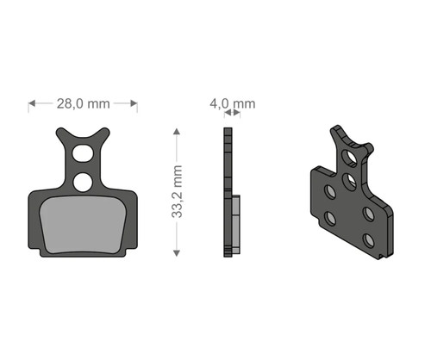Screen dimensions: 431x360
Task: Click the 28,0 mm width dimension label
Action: pos(84,103)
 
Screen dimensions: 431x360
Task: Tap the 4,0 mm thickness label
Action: pos(233,103)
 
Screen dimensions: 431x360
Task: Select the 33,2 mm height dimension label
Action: pos(177,192)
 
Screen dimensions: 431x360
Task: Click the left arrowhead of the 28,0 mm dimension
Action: pos(32,103)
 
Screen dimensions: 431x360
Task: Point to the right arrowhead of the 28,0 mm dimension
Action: pos(134,103)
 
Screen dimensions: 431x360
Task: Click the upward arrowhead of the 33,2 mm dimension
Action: pos(177,132)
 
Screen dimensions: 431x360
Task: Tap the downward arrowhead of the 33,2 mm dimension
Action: pos(177,253)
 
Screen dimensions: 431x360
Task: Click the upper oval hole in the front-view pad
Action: pos(83,153)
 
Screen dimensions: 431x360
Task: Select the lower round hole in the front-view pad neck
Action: pos(83,183)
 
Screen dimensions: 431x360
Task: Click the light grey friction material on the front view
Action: pos(83,225)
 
